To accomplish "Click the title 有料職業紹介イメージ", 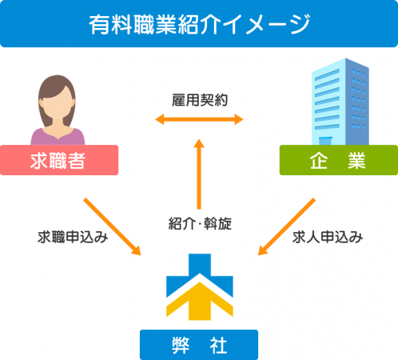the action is click(199, 25).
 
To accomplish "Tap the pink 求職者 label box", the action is click(59, 160).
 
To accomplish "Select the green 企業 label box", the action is click(339, 160).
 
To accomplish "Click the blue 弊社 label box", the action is click(199, 345).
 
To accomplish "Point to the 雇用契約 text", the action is click(200, 100).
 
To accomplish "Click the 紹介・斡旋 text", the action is click(200, 223).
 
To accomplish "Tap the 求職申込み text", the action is click(73, 237).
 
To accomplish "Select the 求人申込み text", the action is click(328, 237).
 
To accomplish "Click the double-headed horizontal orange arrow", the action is click(199, 119).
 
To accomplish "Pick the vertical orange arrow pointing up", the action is click(199, 174).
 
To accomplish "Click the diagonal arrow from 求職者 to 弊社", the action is click(112, 226).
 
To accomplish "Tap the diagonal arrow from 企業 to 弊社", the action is click(287, 226).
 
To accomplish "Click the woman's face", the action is click(57, 102).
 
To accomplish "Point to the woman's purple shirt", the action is click(58, 137).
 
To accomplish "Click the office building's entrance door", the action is click(324, 141).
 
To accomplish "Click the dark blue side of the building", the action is click(357, 102).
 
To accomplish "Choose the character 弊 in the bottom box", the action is click(181, 345).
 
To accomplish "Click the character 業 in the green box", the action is click(356, 160).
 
